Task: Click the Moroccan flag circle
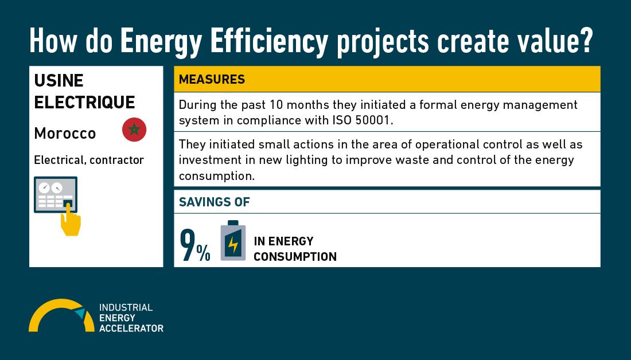[x=134, y=130]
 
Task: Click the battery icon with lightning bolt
[x=233, y=241]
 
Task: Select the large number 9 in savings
[x=188, y=245]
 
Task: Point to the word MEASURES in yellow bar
[x=212, y=80]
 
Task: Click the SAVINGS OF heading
[x=214, y=202]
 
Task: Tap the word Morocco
[x=65, y=133]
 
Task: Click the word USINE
[x=59, y=81]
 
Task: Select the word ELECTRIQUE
[x=84, y=102]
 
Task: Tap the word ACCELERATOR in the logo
[x=131, y=328]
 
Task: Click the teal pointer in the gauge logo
[x=80, y=312]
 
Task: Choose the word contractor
[x=116, y=160]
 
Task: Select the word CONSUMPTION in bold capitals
[x=295, y=257]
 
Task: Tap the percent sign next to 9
[x=203, y=253]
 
